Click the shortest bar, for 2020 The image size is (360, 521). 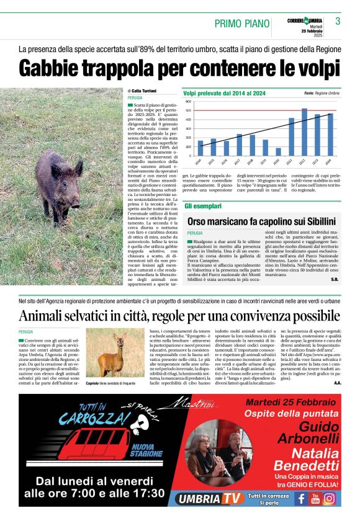278,151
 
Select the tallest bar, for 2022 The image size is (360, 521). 304,131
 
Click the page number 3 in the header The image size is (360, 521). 338,21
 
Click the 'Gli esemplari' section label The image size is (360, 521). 202,205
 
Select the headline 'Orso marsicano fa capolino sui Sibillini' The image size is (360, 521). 261,221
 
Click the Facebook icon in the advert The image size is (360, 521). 302,497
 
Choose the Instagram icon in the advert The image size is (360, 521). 330,497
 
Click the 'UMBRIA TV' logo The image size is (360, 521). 208,498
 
